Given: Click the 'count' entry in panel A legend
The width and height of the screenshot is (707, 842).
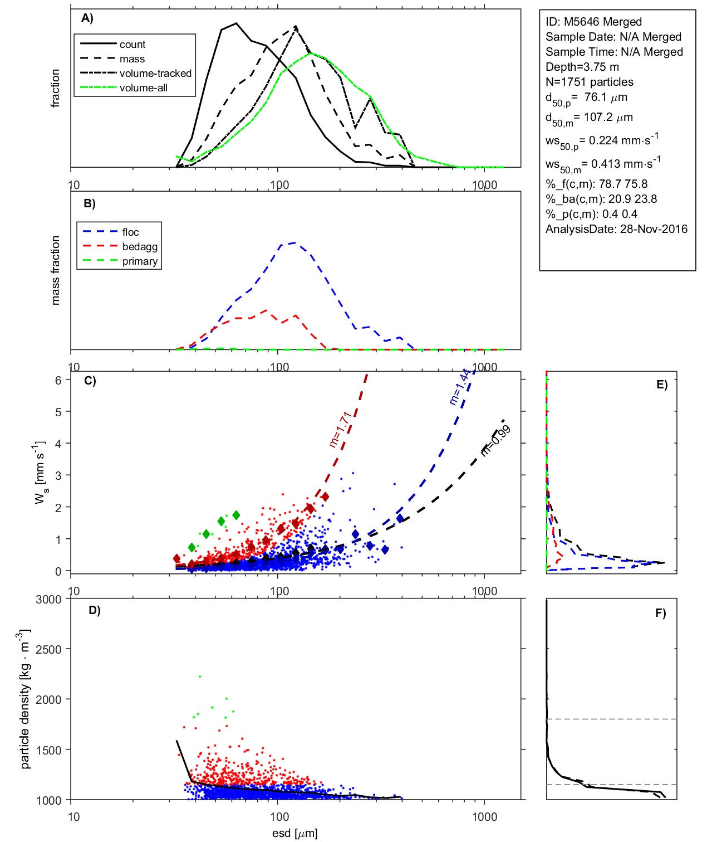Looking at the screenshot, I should pos(132,45).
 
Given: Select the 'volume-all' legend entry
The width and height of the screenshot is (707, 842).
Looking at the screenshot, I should pos(143,88).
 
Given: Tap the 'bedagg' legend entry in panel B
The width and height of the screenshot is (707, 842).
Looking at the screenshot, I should pos(140,247).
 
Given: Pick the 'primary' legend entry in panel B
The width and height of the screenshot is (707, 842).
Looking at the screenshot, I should pos(140,261).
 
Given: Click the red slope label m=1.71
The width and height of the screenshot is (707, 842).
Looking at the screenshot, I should pos(340,429).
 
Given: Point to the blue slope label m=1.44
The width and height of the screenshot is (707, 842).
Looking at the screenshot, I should pos(460,386).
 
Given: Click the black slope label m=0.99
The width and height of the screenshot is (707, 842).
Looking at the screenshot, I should pos(495,440).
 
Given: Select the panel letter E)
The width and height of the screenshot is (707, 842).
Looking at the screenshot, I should pos(661,385).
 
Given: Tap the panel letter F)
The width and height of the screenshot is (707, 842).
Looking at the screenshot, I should pos(660,613).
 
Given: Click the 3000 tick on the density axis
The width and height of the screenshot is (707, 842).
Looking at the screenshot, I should pos(48,600).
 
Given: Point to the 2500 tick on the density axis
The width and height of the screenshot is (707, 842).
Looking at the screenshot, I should pos(48,649).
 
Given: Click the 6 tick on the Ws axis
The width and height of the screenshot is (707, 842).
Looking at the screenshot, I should pos(58,380).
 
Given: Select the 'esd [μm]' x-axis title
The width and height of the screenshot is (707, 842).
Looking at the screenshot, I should pos(294,834).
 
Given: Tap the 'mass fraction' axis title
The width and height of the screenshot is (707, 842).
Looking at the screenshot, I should pos(55,270).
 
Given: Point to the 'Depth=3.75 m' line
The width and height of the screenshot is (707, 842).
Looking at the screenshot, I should pos(582,67).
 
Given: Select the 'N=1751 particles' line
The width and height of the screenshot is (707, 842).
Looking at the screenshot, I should pos(589,82).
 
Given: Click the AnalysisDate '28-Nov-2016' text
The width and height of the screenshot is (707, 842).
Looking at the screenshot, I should pos(654,229).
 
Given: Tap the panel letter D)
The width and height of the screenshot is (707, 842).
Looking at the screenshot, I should pos(95,610).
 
